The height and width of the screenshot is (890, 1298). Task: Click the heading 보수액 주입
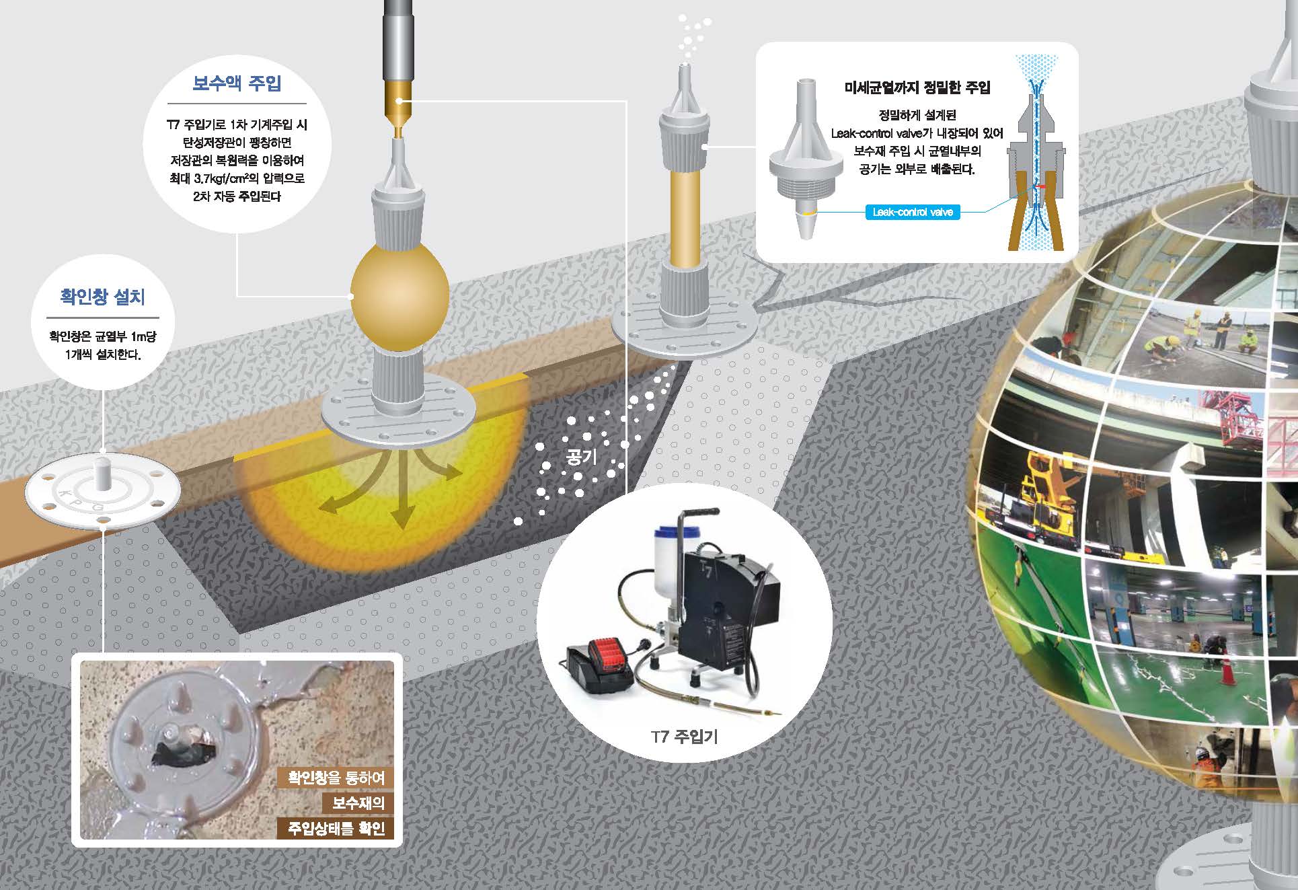[x=237, y=83]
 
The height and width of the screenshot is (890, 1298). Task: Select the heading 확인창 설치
[x=103, y=297]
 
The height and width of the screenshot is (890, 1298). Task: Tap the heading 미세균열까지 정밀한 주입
[x=917, y=87]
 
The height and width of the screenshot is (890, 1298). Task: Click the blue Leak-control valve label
[x=913, y=213]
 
